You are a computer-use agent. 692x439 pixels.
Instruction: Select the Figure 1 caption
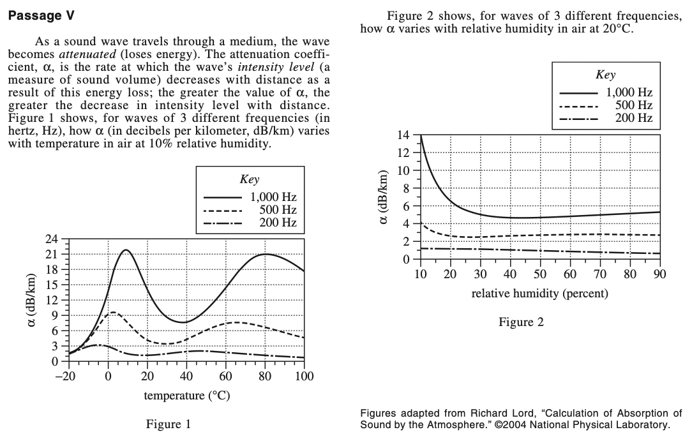coord(169,424)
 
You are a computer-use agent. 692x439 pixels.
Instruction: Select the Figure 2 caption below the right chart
coord(521,322)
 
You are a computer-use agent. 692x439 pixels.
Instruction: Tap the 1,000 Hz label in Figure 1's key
coord(273,197)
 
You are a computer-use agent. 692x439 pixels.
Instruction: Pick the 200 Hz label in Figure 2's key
coord(633,118)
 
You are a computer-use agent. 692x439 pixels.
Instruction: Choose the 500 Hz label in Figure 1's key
coord(278,210)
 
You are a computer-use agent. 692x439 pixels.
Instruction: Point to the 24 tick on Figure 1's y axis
coord(52,239)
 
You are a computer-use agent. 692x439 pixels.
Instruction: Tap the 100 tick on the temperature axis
coord(305,376)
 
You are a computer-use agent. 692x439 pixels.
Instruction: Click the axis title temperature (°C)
coord(187,396)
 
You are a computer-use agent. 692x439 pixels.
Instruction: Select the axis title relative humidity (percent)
coord(539,294)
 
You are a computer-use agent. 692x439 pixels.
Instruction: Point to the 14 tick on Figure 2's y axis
coord(402,135)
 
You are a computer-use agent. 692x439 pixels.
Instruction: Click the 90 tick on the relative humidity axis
coord(659,274)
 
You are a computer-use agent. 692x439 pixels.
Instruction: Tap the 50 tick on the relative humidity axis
coord(540,274)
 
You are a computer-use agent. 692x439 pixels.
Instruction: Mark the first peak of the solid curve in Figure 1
coord(126,250)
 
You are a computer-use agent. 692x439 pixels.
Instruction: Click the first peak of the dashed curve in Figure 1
coord(113,312)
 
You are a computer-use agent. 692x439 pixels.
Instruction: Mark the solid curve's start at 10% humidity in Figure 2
coord(421,136)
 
